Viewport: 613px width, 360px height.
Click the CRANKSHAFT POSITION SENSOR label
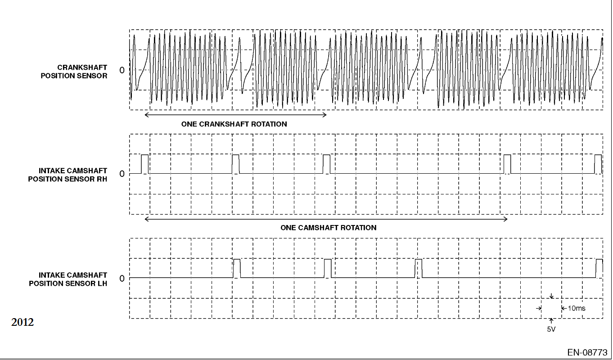point(74,72)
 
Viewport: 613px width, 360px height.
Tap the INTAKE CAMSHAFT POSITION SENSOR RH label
point(68,175)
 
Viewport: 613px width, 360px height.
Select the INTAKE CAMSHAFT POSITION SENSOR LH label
point(68,279)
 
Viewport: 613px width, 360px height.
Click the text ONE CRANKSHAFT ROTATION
point(234,124)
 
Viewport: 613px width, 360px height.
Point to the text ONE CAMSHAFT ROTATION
point(328,228)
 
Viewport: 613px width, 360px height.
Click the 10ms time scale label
point(577,309)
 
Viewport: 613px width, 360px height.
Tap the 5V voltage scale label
point(551,329)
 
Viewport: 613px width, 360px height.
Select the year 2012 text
point(23,322)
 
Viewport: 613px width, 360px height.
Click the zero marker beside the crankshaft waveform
point(122,70)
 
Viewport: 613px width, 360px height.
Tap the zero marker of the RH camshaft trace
point(122,174)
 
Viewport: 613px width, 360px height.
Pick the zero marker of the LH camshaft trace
point(122,279)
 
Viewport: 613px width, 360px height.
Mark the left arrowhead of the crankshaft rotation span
point(146,115)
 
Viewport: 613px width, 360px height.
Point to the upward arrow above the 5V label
point(551,320)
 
